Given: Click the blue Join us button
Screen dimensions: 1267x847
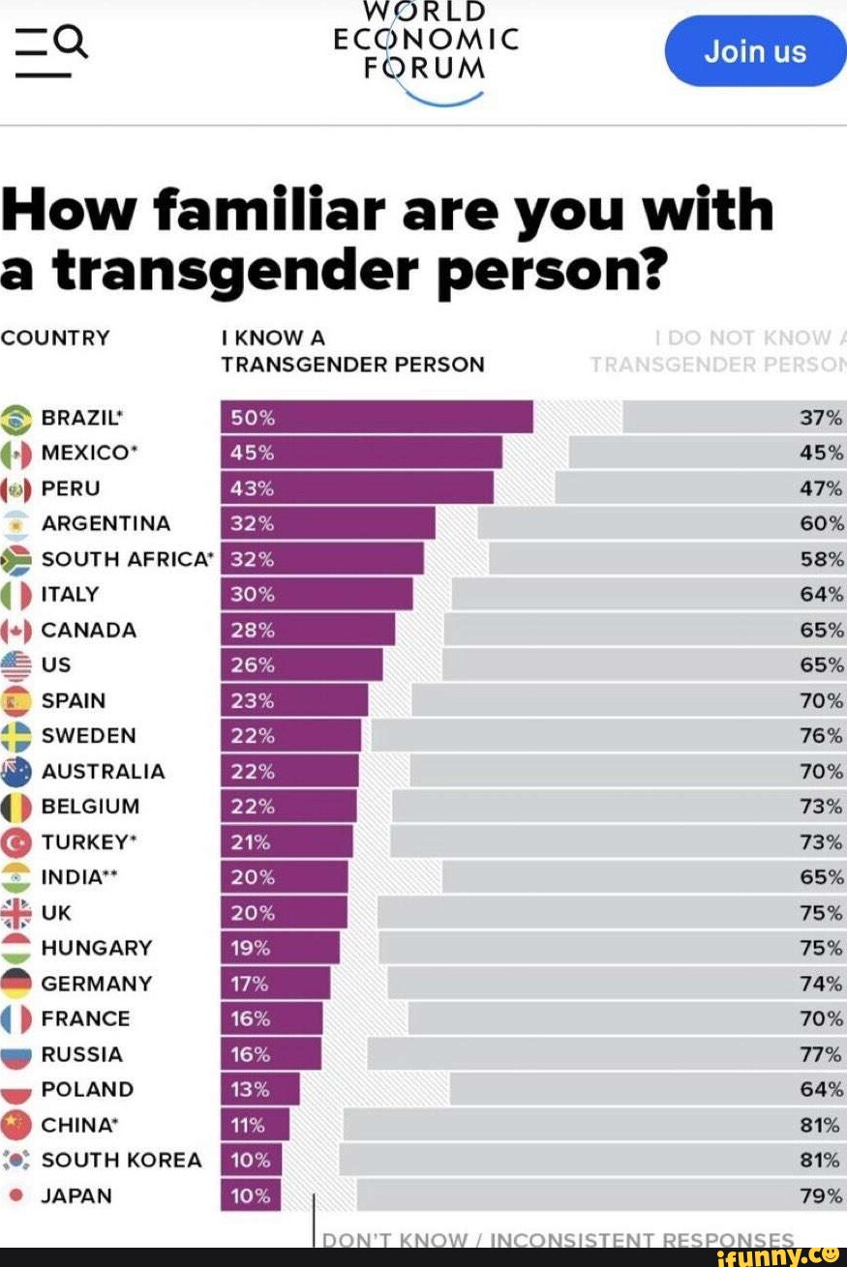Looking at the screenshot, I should point(755,51).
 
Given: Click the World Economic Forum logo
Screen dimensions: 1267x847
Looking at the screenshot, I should point(426,48).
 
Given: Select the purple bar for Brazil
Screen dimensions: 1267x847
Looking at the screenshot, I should point(377,418).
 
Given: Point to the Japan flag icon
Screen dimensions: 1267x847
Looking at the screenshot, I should point(15,1195).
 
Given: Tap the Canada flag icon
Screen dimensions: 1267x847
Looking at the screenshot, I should point(16,631).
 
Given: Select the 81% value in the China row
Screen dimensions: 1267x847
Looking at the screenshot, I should point(821,1125).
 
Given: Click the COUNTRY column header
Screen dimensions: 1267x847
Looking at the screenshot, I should point(55,338).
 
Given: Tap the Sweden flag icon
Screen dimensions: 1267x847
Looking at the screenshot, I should point(16,736).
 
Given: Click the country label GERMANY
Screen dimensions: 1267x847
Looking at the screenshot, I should point(97,984).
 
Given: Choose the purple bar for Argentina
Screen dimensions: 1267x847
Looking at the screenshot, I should point(328,524).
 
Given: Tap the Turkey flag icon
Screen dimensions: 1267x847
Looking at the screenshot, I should point(16,842).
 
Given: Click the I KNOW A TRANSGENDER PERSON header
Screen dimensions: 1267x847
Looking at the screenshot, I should point(352,351).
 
